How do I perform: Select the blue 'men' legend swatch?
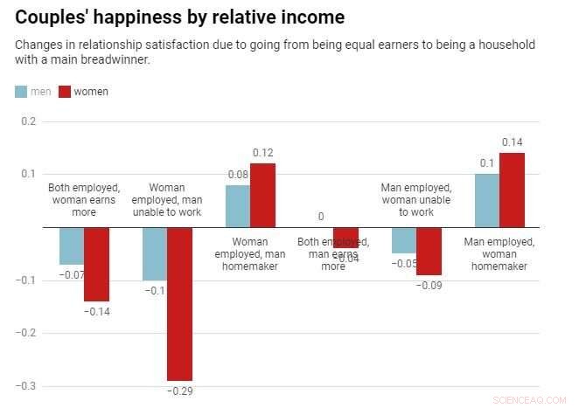22,92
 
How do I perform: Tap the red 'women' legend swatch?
65,92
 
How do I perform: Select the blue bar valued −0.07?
72,245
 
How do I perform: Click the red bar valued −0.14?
96,264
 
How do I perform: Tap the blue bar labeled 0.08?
238,206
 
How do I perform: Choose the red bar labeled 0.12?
262,196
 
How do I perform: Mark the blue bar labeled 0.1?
487,201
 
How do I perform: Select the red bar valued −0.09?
429,251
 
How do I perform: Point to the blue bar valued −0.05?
404,240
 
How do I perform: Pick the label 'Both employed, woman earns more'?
84,199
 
